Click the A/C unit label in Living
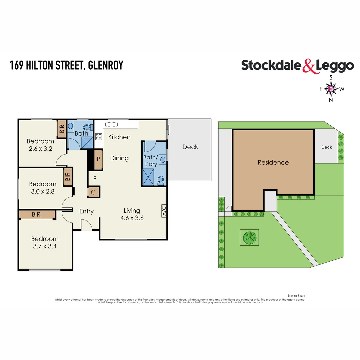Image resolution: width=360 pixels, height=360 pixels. click(x=164, y=211)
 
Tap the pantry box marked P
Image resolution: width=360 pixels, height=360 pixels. click(x=98, y=159)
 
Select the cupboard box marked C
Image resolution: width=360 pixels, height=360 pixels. click(x=93, y=192)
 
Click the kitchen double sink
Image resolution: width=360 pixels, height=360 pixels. click(x=111, y=124)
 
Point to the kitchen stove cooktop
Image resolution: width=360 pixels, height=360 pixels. click(x=99, y=136)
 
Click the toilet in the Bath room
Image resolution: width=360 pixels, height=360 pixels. click(x=87, y=127)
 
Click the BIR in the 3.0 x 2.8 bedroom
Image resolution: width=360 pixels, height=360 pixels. click(x=68, y=176)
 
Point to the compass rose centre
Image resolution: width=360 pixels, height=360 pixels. click(x=331, y=89)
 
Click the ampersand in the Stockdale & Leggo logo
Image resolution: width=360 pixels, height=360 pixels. click(x=309, y=66)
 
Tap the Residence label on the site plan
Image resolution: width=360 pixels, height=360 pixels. click(x=273, y=162)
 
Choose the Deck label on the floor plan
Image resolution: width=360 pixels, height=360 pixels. click(x=190, y=147)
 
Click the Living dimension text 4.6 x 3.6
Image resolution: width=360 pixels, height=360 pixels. click(x=132, y=218)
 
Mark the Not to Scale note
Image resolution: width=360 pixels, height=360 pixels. click(x=296, y=296)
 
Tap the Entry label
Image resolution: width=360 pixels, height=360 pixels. click(x=86, y=211)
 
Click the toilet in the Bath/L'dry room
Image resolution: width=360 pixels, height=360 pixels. click(x=160, y=180)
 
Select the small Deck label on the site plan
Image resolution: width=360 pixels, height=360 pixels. click(x=326, y=147)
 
